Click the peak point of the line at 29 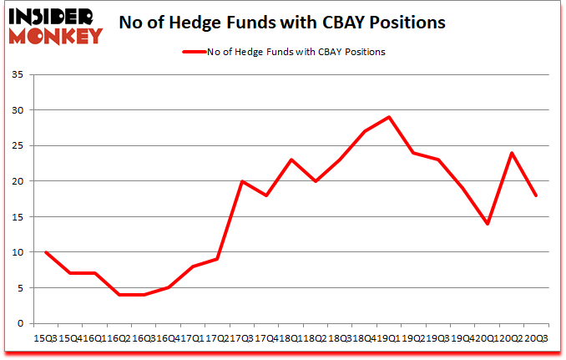coord(389,117)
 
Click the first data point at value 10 coord(45,252)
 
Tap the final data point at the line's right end coord(536,195)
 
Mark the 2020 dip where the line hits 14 coord(487,224)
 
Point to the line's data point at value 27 coord(364,131)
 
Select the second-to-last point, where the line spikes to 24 coord(512,153)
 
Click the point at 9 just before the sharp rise coord(217,259)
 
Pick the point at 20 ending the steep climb coord(241,181)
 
